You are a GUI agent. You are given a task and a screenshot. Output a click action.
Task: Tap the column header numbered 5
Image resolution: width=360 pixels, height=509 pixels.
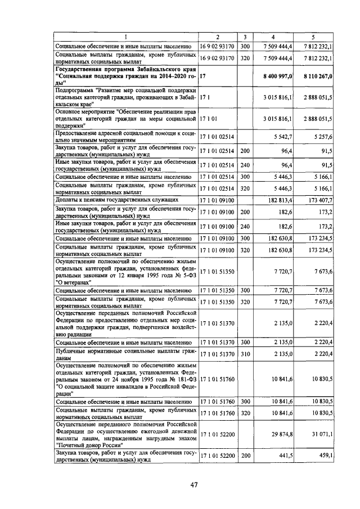click(x=321, y=37)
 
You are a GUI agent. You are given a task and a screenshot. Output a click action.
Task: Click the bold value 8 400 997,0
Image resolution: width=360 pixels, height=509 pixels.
click(x=275, y=75)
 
